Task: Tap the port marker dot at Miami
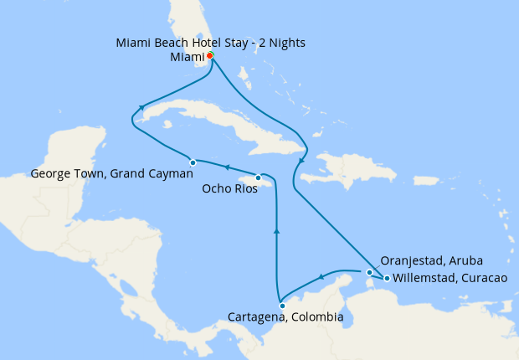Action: (210, 55)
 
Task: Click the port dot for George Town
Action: (193, 162)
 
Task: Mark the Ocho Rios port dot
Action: (258, 177)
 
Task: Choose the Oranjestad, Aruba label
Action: (431, 260)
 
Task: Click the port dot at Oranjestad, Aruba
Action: (369, 272)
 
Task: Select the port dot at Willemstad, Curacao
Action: (386, 278)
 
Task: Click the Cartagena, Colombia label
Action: (285, 317)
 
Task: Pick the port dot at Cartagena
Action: (282, 306)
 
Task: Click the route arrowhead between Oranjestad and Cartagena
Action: (321, 278)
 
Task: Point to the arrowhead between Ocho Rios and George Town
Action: (225, 168)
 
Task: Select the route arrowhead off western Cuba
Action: (143, 108)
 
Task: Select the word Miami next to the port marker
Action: (187, 56)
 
